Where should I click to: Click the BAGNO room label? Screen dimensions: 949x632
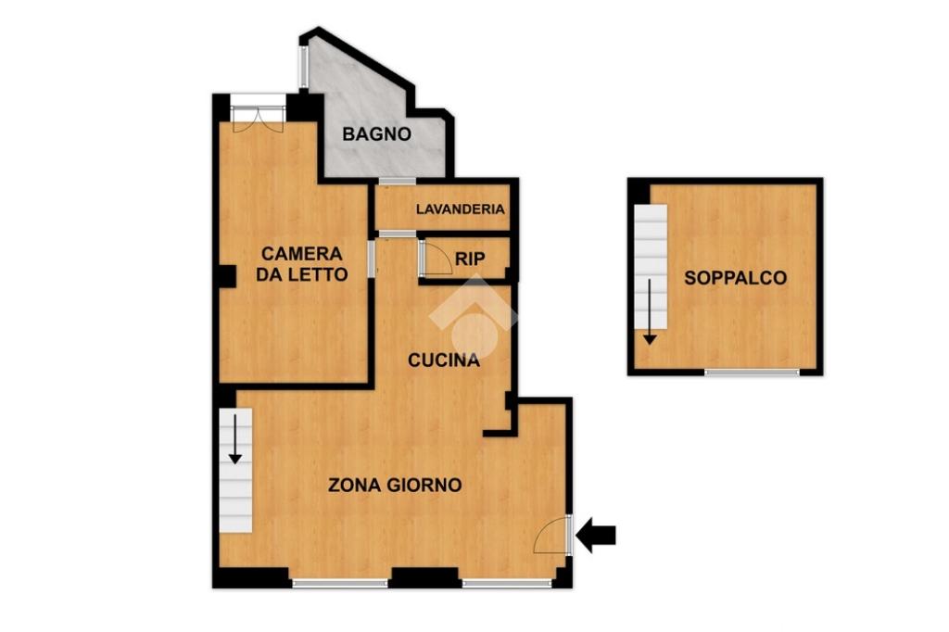coord(376,133)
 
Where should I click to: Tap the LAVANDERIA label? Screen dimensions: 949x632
coord(460,209)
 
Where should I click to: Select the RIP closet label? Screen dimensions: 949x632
coord(470,259)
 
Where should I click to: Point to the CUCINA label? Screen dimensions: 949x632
coord(444,360)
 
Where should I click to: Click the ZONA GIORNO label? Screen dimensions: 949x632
coord(395,485)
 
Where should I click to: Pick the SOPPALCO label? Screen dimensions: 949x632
coord(735,278)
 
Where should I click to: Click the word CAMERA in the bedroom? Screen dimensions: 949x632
coord(301,253)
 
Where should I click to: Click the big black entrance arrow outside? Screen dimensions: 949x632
coord(596,535)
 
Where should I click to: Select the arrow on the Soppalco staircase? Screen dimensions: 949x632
coord(650,311)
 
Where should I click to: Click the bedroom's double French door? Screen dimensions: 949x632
coord(259,118)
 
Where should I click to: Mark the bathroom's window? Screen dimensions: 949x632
coord(303,67)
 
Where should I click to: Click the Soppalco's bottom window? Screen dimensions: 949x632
coord(753,373)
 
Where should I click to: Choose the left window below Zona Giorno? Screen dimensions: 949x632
coord(340,584)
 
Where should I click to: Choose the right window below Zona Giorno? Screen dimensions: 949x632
coord(507,584)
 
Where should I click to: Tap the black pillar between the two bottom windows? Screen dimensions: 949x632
coord(424,577)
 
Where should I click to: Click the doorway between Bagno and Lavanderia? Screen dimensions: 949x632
coord(397,181)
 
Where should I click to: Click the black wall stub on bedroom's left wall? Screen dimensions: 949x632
coord(227,277)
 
